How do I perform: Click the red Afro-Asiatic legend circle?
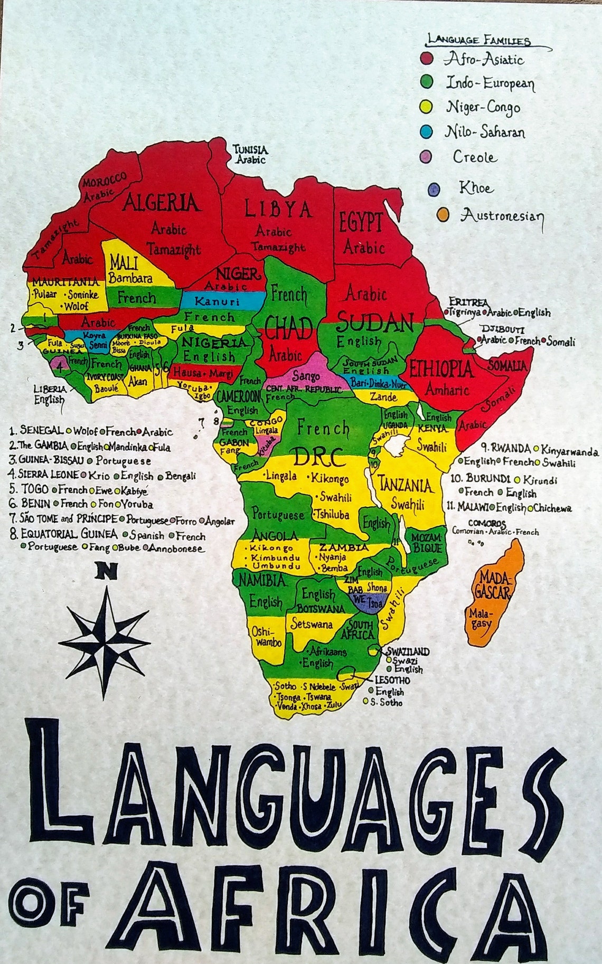pos(427,58)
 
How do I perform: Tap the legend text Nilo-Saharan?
pos(485,131)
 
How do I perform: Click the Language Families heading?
pos(479,40)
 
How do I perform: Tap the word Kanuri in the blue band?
pos(217,302)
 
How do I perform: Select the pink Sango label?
pos(306,376)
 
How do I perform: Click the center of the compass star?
pos(105,642)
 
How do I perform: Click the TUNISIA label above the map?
pos(250,150)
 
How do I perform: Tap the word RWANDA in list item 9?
pos(511,449)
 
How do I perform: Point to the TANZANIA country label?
pos(405,484)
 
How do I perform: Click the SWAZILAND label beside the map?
pos(408,651)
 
